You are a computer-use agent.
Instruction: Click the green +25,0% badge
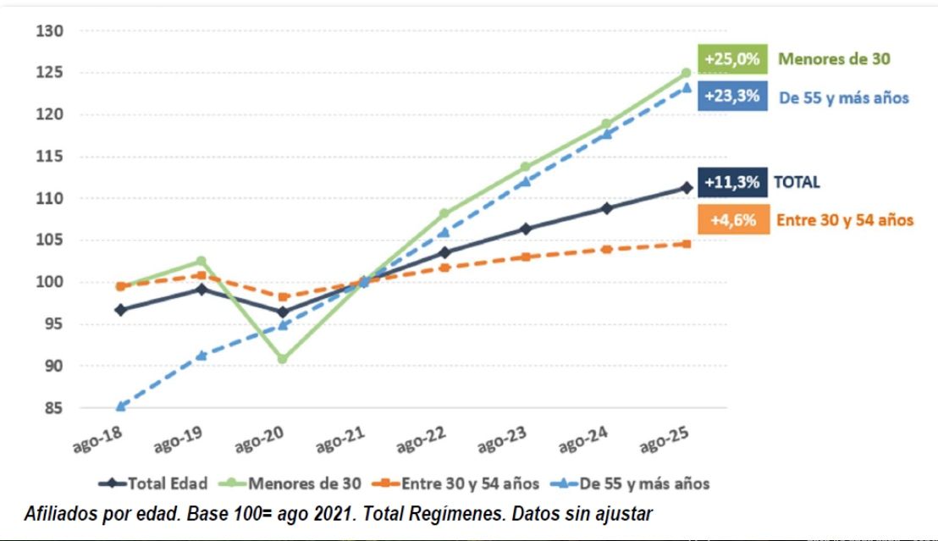tap(733, 60)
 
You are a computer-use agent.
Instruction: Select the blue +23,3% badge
tap(733, 97)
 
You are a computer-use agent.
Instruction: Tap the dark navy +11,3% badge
tap(733, 182)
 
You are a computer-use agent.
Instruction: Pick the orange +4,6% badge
tap(733, 220)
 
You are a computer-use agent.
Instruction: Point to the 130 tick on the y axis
tap(50, 31)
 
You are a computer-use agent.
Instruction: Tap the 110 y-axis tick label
tap(50, 198)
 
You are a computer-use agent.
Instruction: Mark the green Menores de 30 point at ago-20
tap(282, 359)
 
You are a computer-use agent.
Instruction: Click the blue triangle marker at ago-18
tap(121, 406)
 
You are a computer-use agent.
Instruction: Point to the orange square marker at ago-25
tap(687, 244)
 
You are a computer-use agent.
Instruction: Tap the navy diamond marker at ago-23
tap(526, 229)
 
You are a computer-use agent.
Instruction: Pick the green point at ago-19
tap(201, 261)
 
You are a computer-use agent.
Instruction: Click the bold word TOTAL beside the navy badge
tap(797, 182)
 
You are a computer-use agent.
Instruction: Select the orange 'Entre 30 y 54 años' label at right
tap(844, 220)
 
